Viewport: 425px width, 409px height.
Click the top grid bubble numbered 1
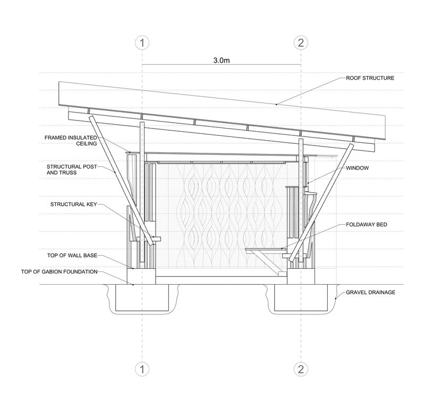(142, 43)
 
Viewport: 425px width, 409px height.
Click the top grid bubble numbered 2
(301, 43)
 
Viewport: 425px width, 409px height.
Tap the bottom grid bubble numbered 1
(142, 369)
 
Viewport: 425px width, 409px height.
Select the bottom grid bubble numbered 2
(301, 369)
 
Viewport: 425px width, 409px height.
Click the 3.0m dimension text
(222, 61)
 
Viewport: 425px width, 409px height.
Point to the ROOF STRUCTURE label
(370, 78)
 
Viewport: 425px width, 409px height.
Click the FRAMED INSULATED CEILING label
(71, 141)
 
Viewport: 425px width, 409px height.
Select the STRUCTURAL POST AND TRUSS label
(72, 169)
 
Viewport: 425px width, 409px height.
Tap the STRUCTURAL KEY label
(73, 204)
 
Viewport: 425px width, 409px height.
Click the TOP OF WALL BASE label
(72, 255)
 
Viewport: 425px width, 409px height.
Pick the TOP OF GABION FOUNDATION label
(59, 271)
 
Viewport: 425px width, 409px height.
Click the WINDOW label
(357, 168)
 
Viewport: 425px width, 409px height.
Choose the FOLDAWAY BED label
(367, 225)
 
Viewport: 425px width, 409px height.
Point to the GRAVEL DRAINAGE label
(370, 292)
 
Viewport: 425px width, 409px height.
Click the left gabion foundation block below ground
(142, 297)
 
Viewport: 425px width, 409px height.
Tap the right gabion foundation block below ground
(301, 297)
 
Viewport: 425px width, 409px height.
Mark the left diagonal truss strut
(122, 181)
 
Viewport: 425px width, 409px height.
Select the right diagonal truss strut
(321, 203)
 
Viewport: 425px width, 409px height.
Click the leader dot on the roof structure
(276, 104)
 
